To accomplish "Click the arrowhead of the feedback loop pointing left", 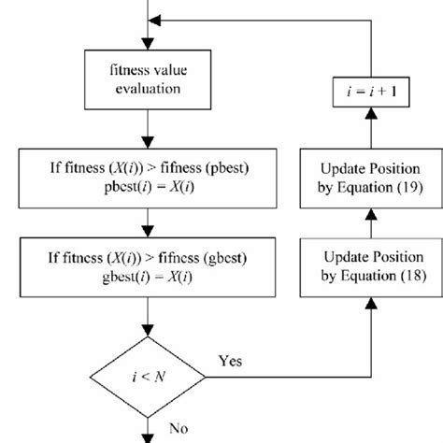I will click(x=158, y=20).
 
